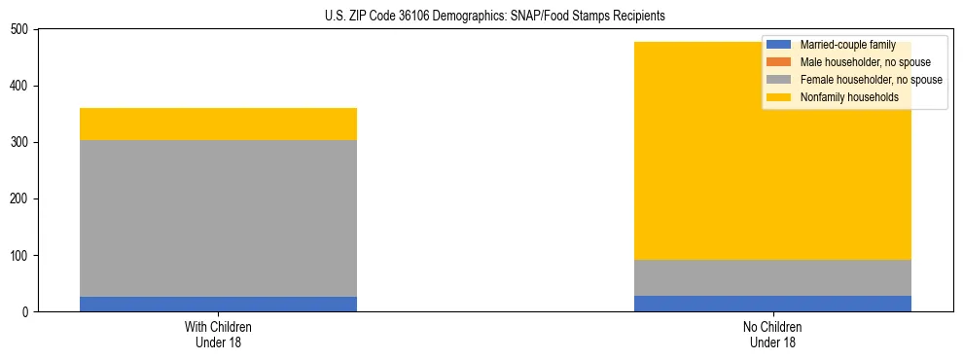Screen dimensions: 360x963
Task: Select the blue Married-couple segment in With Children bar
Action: point(218,304)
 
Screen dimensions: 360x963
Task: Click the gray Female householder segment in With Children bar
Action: point(218,218)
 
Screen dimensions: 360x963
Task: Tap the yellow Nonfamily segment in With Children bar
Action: point(218,124)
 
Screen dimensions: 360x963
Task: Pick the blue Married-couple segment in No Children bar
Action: point(772,304)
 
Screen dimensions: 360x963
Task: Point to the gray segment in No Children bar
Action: point(772,277)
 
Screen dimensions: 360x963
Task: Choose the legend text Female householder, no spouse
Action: point(871,80)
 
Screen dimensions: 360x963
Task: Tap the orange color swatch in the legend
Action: point(779,62)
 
